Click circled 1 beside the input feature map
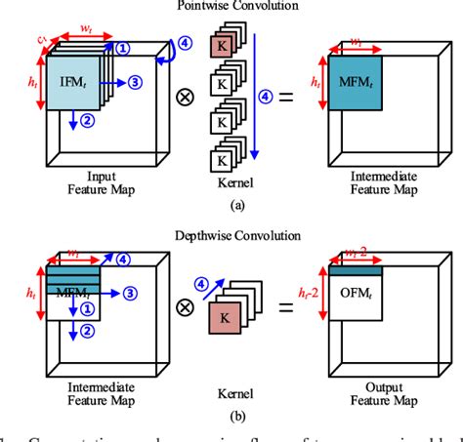point(121,47)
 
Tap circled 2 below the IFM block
point(86,121)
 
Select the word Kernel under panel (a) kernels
point(234,182)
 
